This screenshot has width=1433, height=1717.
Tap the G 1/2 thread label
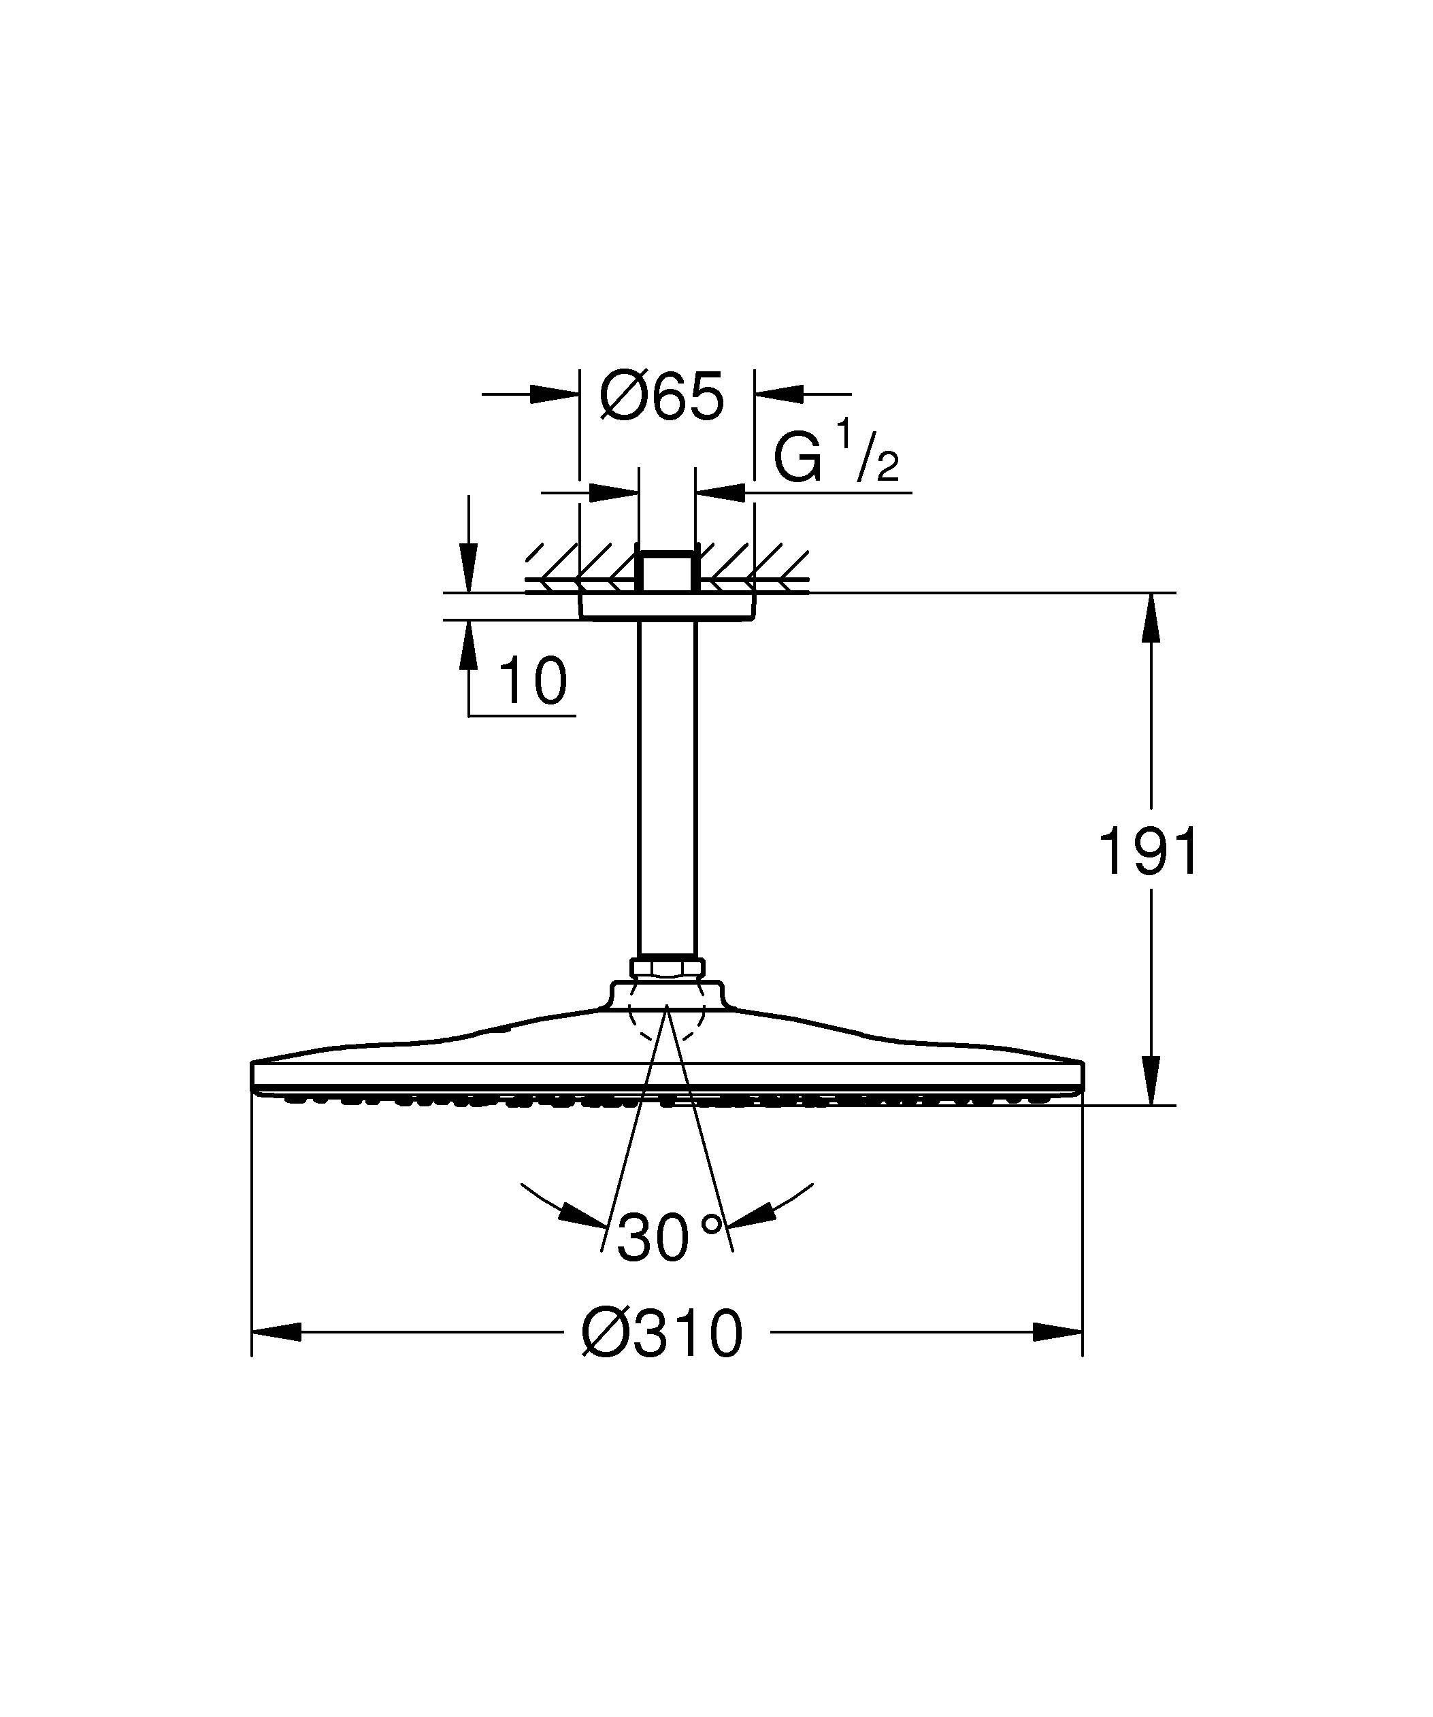tap(834, 460)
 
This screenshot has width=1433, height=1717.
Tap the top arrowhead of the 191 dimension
tap(1151, 617)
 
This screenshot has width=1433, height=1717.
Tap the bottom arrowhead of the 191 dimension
tap(1151, 1079)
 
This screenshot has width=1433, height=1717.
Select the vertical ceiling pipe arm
tap(667, 785)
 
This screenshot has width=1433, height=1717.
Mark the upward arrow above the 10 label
tap(469, 646)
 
